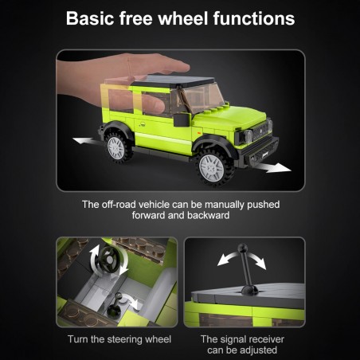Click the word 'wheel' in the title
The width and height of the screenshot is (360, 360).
[183, 18]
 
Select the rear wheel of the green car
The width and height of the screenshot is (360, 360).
[117, 147]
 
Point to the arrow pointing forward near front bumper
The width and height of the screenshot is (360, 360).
[274, 167]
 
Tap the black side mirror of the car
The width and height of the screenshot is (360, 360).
[182, 120]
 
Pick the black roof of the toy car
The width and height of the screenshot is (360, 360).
[174, 80]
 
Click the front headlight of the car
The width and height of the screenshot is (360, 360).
[248, 135]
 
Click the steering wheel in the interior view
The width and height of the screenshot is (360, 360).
[109, 260]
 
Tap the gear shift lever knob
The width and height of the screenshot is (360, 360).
[119, 296]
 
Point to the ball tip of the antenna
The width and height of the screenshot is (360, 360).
[243, 248]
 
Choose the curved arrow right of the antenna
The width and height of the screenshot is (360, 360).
[258, 260]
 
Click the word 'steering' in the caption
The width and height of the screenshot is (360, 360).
[123, 339]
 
